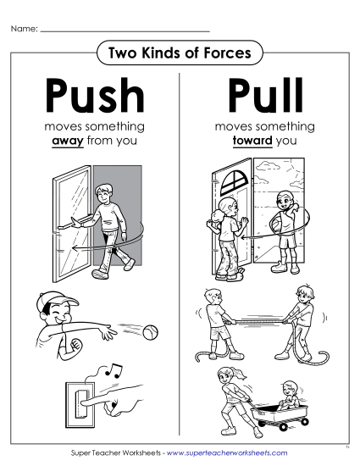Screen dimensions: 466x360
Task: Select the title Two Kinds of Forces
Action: pos(180,53)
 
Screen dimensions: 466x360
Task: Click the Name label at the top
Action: pos(24,29)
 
